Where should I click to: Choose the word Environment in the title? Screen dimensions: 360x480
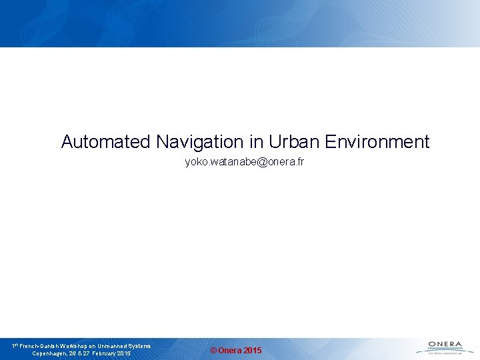click(377, 141)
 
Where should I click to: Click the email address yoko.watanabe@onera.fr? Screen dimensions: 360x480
click(244, 162)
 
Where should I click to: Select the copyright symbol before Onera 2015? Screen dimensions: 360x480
click(213, 351)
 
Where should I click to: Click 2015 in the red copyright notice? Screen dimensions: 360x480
click(253, 351)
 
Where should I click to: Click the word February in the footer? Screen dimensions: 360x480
click(102, 353)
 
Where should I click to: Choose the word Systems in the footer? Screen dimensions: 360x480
click(140, 346)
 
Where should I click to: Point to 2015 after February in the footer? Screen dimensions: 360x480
click(123, 353)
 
